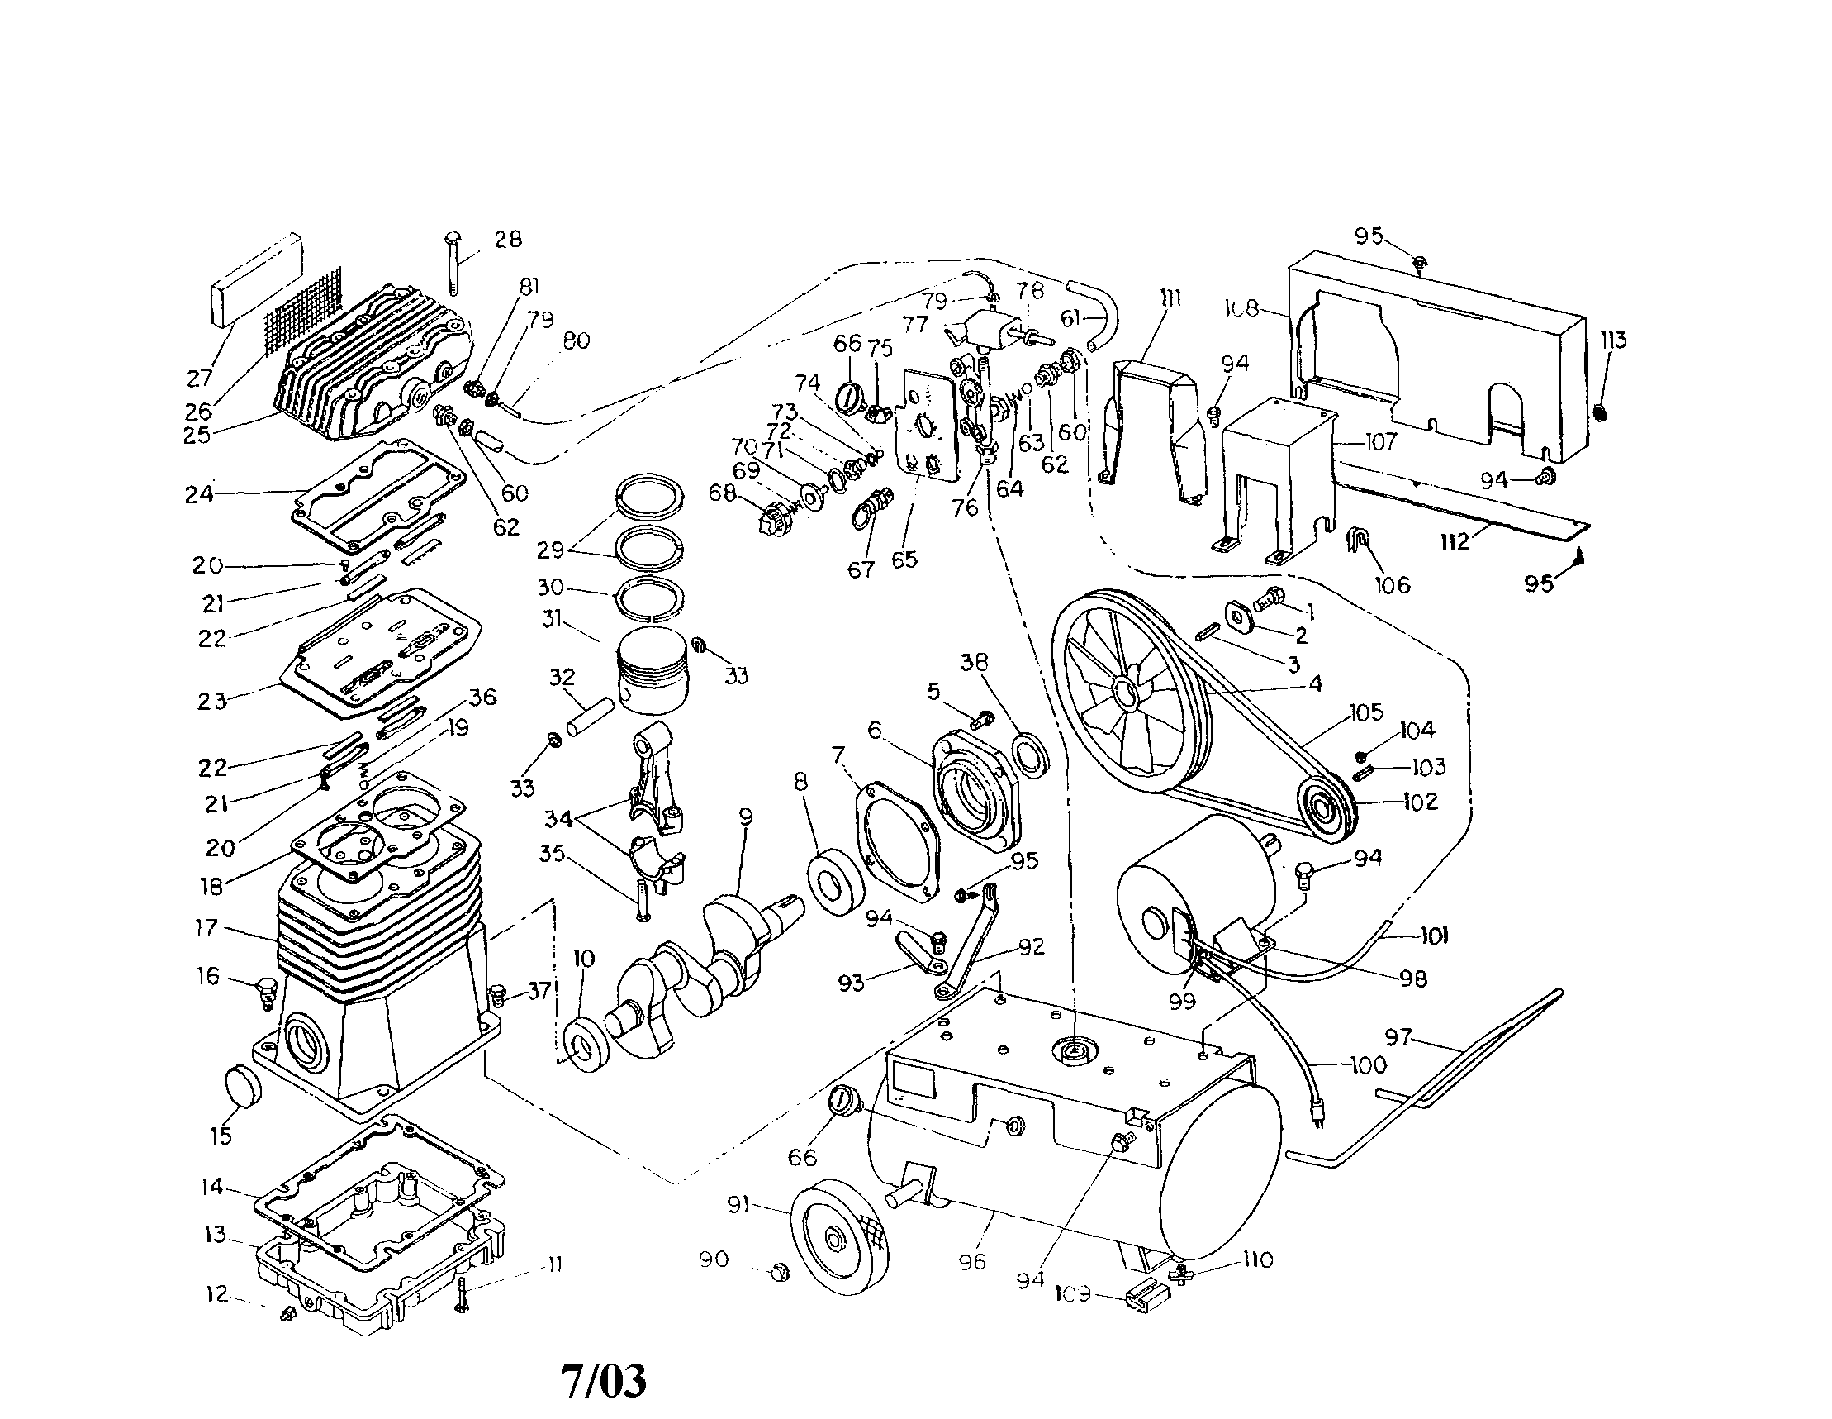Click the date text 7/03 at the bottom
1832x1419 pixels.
[604, 1381]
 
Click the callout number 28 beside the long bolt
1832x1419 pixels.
[507, 239]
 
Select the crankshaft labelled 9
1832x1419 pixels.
[713, 957]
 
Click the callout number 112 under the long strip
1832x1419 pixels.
[1454, 542]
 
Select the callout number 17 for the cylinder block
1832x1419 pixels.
[206, 927]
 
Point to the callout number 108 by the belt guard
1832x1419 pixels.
[1241, 309]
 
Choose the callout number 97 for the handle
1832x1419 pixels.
[1398, 1038]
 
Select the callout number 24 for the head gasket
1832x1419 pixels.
[199, 494]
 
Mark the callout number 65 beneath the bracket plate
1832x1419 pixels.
[904, 559]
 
